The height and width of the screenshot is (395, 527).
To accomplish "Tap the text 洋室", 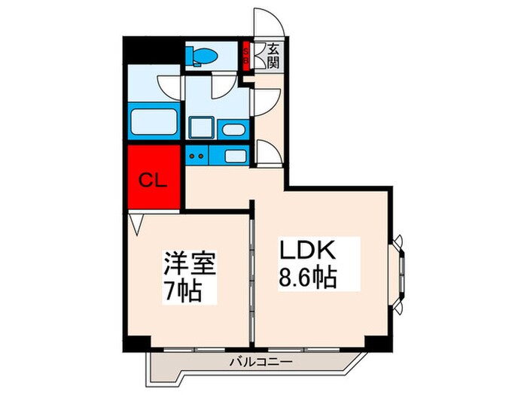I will click(191, 266).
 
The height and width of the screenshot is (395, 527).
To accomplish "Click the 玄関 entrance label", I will click(272, 55).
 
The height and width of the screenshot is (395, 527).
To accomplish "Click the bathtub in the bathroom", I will click(154, 122).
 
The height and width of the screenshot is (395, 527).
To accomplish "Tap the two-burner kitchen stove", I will click(197, 156).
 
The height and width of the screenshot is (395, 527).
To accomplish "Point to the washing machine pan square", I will click(201, 127).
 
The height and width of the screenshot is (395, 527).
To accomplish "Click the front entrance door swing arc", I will click(268, 23).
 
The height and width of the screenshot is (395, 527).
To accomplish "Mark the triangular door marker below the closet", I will click(136, 224).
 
